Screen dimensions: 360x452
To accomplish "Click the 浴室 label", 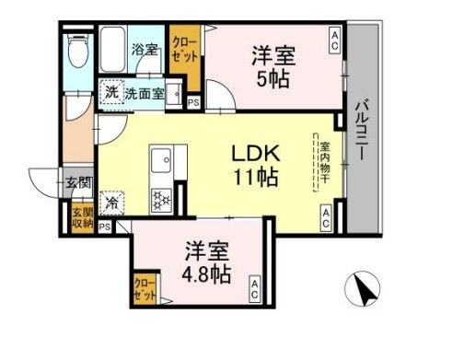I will coord(145,50).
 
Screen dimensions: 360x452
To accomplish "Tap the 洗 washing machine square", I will coord(110,92).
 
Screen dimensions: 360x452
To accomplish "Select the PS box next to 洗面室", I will coord(192,102).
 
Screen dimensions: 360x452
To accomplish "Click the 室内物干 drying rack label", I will coord(325,163).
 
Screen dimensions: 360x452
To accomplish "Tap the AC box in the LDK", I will coord(327,217).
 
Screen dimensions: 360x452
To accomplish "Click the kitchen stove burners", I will coord(160,199).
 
